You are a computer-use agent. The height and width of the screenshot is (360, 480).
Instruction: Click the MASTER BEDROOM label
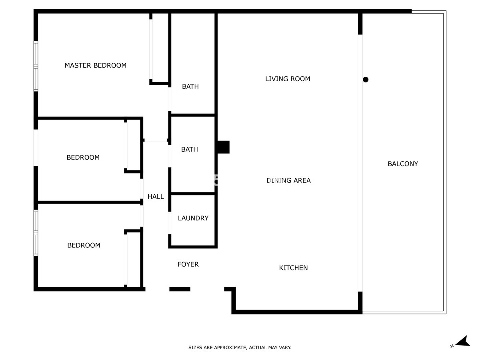[96, 65]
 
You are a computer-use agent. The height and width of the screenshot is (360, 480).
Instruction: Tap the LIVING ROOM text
[288, 79]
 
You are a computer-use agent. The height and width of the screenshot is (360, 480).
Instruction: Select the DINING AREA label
[288, 180]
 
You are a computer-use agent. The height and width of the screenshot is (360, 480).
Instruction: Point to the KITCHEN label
[293, 268]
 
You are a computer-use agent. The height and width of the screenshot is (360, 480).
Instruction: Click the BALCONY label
[403, 164]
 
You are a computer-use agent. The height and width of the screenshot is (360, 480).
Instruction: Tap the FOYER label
[188, 264]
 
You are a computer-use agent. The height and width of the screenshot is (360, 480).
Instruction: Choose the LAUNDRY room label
[193, 218]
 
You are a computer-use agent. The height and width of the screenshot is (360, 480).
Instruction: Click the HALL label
[156, 196]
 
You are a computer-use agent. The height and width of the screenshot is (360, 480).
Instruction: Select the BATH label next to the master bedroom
[190, 86]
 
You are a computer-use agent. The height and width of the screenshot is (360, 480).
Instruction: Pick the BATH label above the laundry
[190, 149]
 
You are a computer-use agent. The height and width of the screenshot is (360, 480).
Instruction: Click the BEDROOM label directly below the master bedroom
[83, 158]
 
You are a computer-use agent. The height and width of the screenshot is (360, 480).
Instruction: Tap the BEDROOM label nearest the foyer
[84, 245]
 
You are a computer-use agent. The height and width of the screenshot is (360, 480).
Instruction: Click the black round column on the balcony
[365, 80]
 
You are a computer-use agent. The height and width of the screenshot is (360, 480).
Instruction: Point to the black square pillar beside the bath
[223, 147]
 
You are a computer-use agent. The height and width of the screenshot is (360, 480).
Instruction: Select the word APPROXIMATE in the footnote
[231, 348]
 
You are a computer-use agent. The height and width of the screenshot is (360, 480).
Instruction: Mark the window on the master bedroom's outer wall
[36, 66]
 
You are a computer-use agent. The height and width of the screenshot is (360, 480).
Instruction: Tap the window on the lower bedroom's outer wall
[36, 233]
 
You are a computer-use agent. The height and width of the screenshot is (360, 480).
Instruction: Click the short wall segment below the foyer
[180, 289]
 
